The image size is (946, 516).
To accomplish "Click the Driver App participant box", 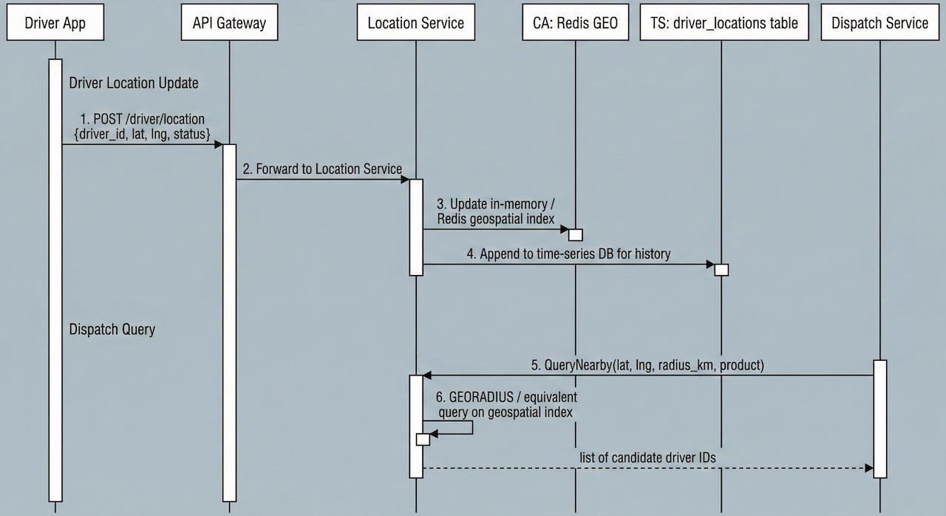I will [x=55, y=23].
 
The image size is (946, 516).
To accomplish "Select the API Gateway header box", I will [x=229, y=23].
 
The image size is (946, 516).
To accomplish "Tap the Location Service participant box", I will [x=416, y=23].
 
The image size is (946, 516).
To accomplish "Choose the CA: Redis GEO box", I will [x=575, y=23].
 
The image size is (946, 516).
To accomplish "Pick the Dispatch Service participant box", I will [x=879, y=23].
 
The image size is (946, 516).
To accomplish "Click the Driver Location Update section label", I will [x=134, y=83].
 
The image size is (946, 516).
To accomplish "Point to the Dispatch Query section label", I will [x=112, y=329].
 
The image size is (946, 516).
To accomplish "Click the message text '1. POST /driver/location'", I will [x=143, y=118].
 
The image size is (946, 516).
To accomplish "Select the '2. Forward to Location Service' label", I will [x=323, y=169].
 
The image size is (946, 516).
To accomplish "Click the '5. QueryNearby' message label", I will [x=647, y=365].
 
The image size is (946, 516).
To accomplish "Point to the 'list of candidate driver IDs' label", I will [x=647, y=458].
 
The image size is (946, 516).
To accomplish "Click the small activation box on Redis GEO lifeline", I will [x=575, y=235].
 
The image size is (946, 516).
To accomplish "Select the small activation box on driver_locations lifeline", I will [x=721, y=269].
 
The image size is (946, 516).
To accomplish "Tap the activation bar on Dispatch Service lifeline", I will [x=879, y=418].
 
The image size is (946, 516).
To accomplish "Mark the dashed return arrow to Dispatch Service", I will [x=647, y=468].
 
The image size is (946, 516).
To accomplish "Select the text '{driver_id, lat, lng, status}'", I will [x=143, y=133].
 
